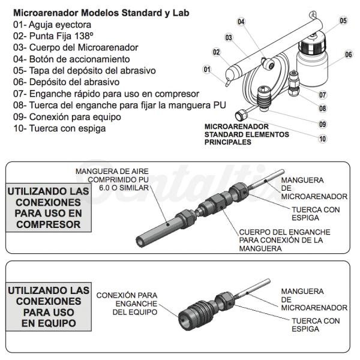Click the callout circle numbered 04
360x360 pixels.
(241, 22)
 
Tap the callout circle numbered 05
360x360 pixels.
(343, 20)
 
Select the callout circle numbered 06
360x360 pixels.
(348, 54)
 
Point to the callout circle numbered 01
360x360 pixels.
(207, 69)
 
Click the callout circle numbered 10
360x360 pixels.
(323, 139)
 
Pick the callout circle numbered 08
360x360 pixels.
(323, 109)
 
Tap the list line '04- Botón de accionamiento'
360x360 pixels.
(71, 59)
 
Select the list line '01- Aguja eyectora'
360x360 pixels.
(52, 25)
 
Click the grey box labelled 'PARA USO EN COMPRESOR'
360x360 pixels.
(49, 208)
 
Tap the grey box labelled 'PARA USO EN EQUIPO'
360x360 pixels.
(49, 307)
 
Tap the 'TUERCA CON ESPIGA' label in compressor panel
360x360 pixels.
(315, 214)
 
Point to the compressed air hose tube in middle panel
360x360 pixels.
(158, 230)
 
